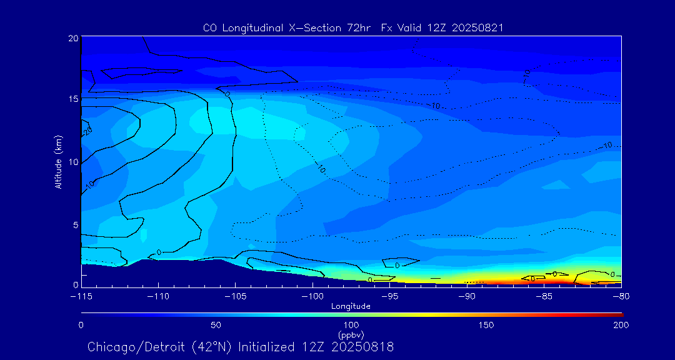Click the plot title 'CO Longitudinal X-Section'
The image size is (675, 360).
coord(287,27)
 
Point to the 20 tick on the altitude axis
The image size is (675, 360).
coord(72,38)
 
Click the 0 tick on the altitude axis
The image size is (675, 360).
coord(75,285)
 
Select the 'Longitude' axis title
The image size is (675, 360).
coord(351,306)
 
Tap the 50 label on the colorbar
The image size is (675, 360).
coord(216,325)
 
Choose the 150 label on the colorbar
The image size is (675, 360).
coord(486,325)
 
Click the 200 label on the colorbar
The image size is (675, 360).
coord(621,325)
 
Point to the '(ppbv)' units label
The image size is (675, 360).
coord(351,334)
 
